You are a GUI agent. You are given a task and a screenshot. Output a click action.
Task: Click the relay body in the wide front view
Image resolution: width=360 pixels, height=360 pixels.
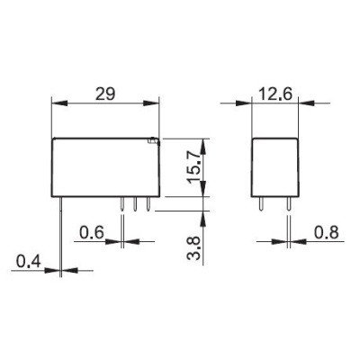(x=107, y=168)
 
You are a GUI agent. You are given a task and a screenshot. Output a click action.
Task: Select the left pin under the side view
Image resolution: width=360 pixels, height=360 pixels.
(x=259, y=205)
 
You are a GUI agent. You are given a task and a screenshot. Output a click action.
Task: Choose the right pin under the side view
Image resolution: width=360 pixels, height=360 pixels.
(x=288, y=205)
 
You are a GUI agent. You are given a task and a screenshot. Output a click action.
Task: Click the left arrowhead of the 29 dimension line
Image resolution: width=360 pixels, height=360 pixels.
(x=57, y=103)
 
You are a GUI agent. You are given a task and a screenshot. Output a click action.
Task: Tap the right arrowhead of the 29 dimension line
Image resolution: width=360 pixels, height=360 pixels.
(x=157, y=103)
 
